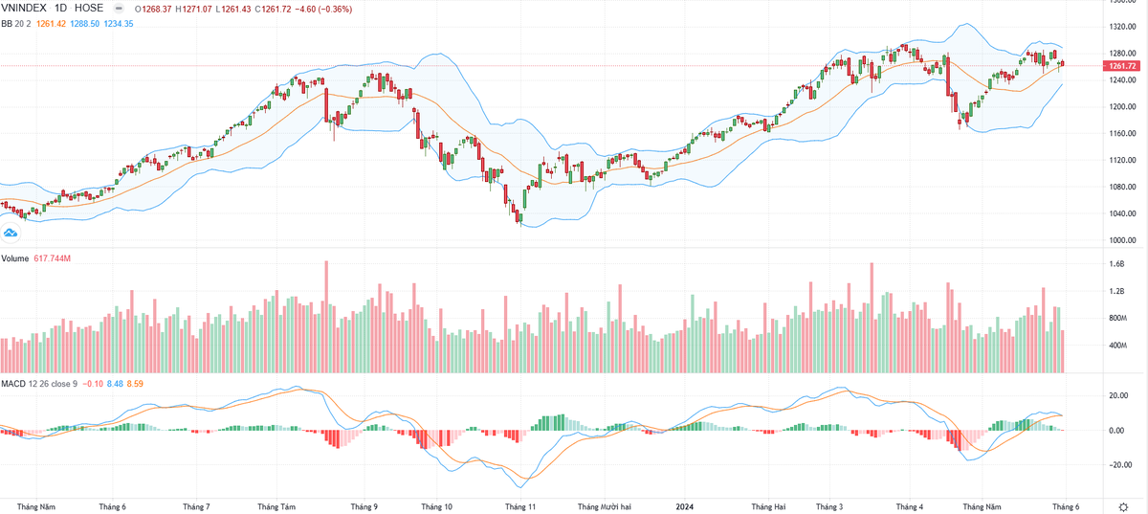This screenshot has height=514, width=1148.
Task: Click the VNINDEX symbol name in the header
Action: (24, 9)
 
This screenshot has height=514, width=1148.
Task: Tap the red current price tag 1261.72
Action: (1123, 66)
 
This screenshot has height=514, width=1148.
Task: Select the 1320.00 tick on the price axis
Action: (1123, 27)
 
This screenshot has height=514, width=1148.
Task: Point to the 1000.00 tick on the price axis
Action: (1123, 240)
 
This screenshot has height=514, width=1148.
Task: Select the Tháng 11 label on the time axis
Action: (520, 506)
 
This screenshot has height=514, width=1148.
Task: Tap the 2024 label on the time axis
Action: (685, 506)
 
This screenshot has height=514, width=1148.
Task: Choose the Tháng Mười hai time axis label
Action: (605, 506)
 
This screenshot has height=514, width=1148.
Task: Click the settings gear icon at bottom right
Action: (1123, 506)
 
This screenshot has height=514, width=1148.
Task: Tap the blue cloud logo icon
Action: (11, 234)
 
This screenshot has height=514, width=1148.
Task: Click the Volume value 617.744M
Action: (53, 258)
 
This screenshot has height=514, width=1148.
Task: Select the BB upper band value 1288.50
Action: (84, 24)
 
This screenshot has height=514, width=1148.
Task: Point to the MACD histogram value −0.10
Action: (92, 384)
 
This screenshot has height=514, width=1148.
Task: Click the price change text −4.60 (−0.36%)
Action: (323, 10)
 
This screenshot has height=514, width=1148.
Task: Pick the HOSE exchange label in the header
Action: (89, 9)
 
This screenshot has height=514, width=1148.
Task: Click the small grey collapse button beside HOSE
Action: (119, 9)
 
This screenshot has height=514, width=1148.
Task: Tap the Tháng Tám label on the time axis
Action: (276, 506)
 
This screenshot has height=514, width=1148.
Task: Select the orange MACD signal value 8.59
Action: (135, 384)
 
